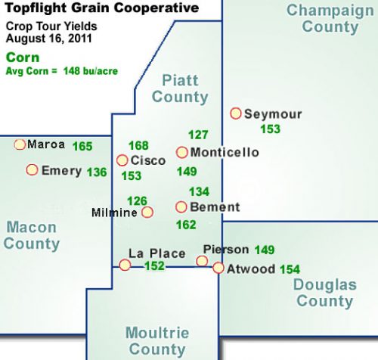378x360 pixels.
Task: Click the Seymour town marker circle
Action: pos(235,113)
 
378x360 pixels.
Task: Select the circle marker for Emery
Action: pos(32,170)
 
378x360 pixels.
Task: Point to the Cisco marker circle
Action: pos(122,160)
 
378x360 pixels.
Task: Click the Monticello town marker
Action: pos(181,152)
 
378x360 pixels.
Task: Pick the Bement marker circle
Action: pos(181,206)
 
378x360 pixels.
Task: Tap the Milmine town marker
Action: pos(147,213)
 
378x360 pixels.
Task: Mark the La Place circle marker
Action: pos(125,264)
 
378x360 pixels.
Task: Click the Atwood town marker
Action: pos(218,268)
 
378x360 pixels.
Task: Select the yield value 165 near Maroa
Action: pos(82,145)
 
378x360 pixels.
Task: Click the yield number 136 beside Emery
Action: pos(97,172)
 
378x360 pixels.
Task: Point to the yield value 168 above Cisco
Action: pos(138,145)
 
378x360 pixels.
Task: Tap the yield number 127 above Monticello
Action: pos(198,135)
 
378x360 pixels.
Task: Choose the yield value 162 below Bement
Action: pos(185,225)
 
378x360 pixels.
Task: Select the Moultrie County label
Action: pos(158,341)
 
